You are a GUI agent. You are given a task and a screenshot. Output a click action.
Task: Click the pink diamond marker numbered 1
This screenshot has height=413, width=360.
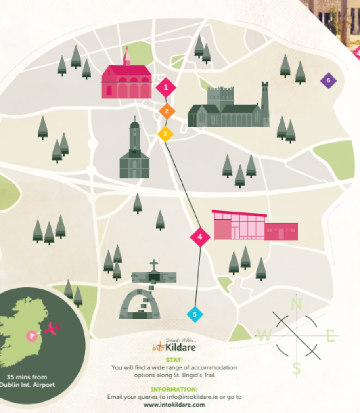(166, 87)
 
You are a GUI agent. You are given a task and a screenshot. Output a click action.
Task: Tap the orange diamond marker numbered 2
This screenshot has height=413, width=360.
(167, 111)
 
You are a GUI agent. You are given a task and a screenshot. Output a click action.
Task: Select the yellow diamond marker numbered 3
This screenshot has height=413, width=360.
(165, 134)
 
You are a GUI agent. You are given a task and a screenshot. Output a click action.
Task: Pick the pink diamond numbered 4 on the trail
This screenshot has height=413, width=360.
(200, 237)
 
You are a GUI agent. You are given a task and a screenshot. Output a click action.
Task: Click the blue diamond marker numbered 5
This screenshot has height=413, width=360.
(195, 314)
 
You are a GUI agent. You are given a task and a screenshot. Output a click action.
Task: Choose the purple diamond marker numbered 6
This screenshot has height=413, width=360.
(328, 80)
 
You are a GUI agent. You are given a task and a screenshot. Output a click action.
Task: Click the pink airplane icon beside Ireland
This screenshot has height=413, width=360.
(52, 328)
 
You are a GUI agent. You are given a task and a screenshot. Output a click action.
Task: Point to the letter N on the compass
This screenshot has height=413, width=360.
(297, 304)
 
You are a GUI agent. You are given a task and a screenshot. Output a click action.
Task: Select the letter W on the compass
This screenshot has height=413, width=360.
(264, 335)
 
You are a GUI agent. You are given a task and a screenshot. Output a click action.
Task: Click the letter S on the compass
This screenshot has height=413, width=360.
(297, 368)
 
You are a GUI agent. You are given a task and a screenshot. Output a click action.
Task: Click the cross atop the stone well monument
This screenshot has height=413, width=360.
(154, 265)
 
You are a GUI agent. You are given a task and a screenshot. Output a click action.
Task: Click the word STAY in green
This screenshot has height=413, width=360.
(174, 360)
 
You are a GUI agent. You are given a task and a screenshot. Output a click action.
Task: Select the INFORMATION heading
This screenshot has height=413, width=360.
(174, 389)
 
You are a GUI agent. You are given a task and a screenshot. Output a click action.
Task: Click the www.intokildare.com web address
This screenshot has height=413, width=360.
(174, 405)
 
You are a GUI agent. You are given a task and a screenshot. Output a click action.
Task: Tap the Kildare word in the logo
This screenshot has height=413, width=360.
(180, 347)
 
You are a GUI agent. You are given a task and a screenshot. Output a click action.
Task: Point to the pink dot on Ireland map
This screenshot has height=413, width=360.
(30, 335)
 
